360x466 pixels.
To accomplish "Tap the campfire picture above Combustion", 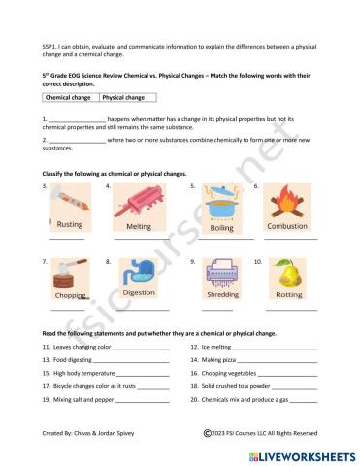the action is pos(287,203).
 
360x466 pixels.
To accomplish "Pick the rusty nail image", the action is pos(71,203).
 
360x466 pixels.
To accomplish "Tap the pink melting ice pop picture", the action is pos(139,204).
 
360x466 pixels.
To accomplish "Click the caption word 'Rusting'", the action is pos(71,225).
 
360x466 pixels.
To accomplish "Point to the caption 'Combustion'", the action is pos(287,226).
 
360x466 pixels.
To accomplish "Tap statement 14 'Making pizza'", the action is pos(219,359).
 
